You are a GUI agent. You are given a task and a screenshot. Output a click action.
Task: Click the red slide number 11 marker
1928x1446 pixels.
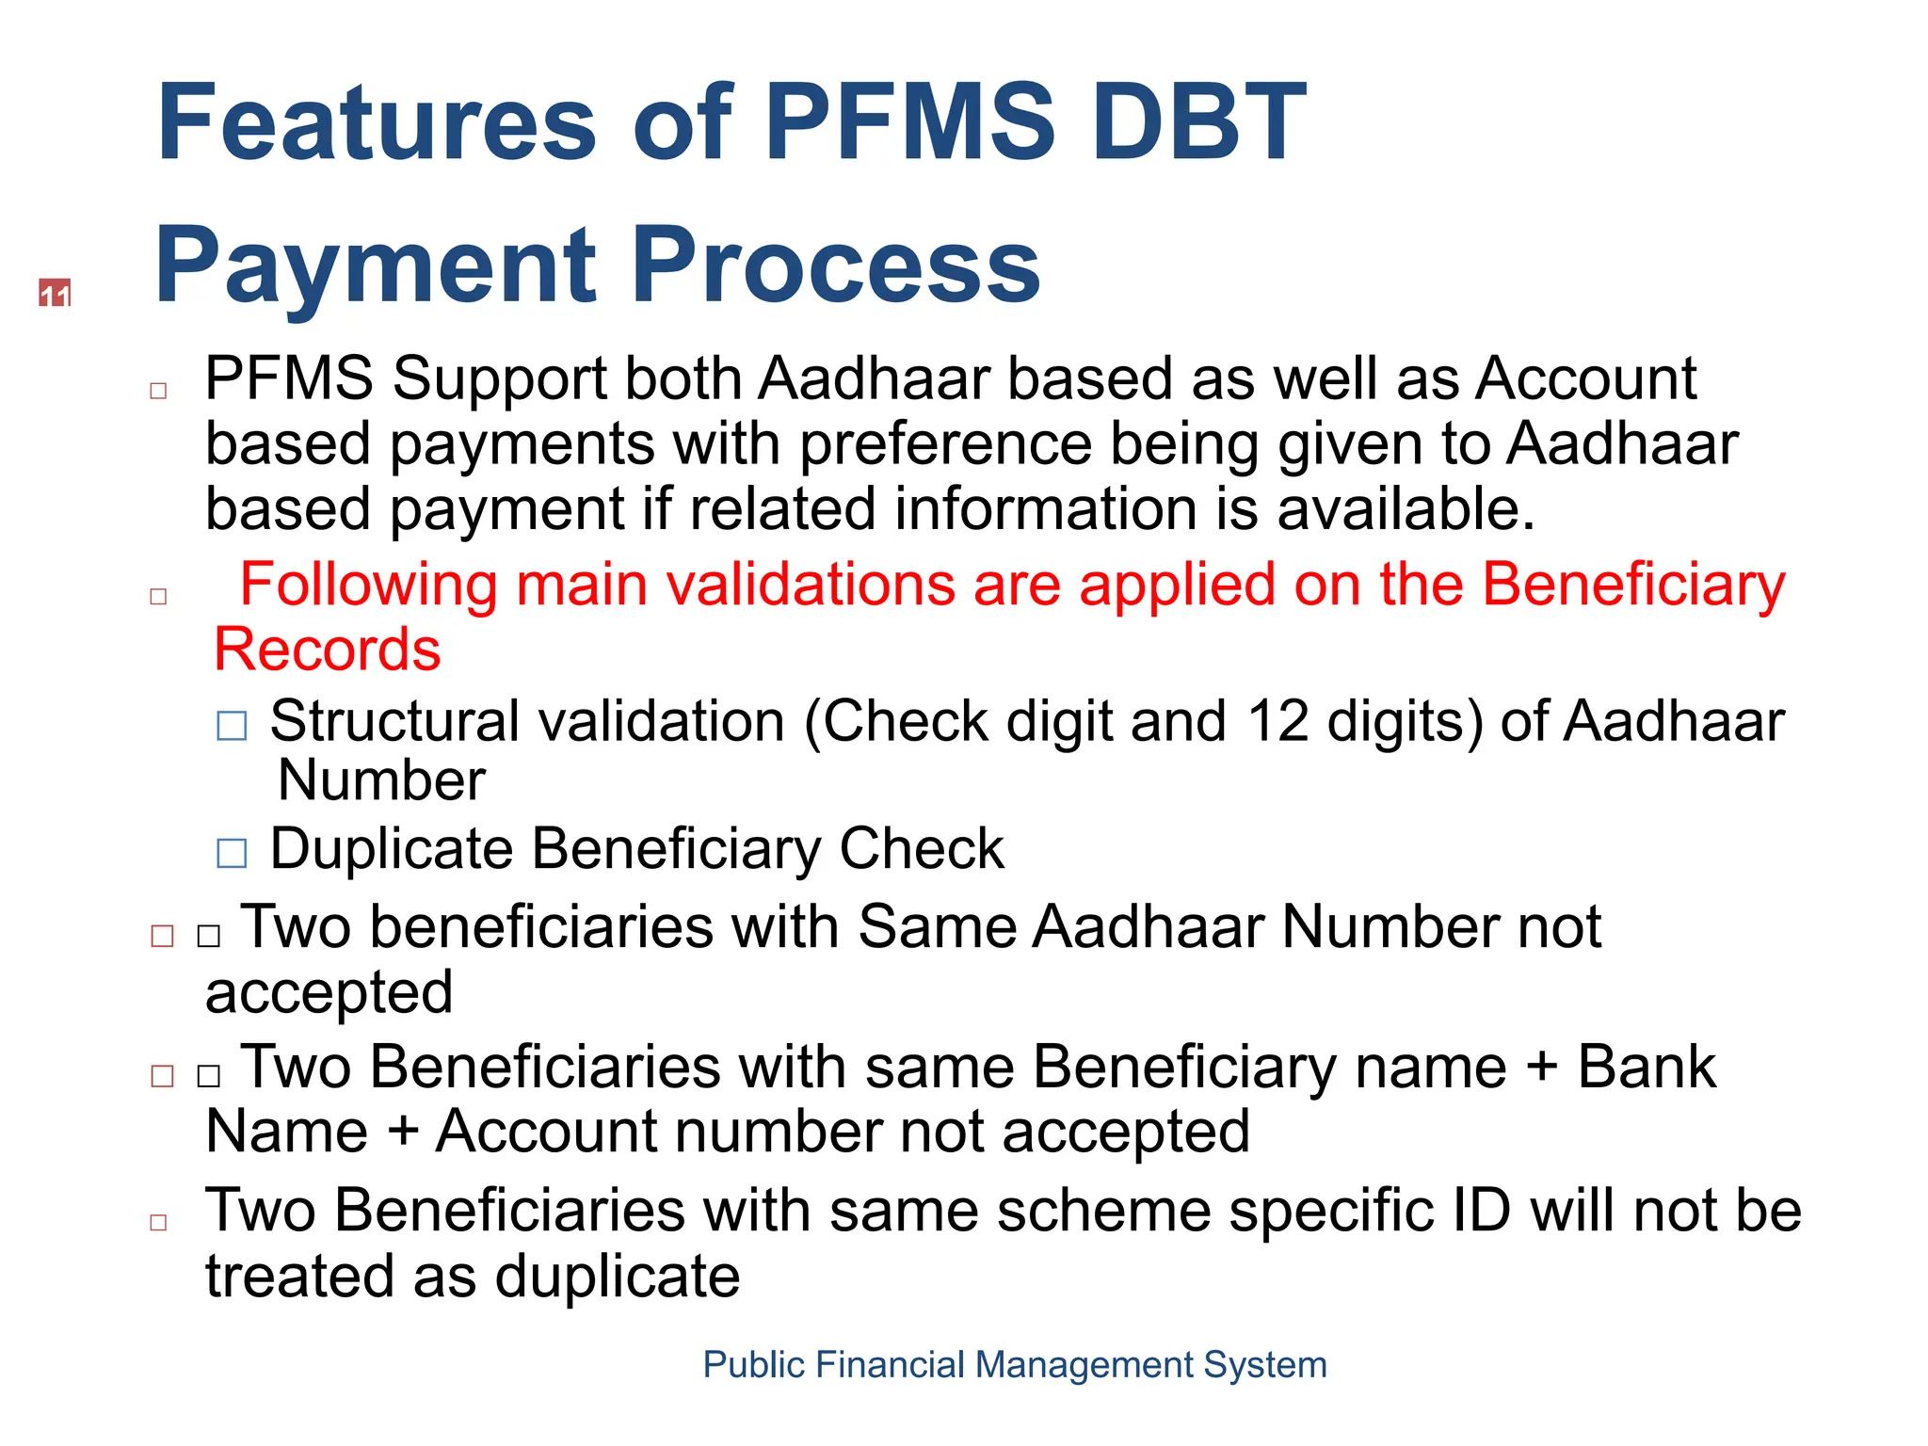55,294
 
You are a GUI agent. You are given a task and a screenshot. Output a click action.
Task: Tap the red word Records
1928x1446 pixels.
328,650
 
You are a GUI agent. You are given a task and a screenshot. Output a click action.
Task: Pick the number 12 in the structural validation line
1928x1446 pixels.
1277,721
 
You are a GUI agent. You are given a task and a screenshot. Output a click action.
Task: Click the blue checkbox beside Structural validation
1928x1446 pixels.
232,726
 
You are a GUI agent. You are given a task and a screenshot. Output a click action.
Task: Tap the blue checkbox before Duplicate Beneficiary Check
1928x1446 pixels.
232,853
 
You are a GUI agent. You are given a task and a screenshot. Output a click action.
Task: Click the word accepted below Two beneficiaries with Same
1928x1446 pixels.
329,992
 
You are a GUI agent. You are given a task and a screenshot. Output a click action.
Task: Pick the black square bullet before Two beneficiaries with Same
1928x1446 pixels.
209,935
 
